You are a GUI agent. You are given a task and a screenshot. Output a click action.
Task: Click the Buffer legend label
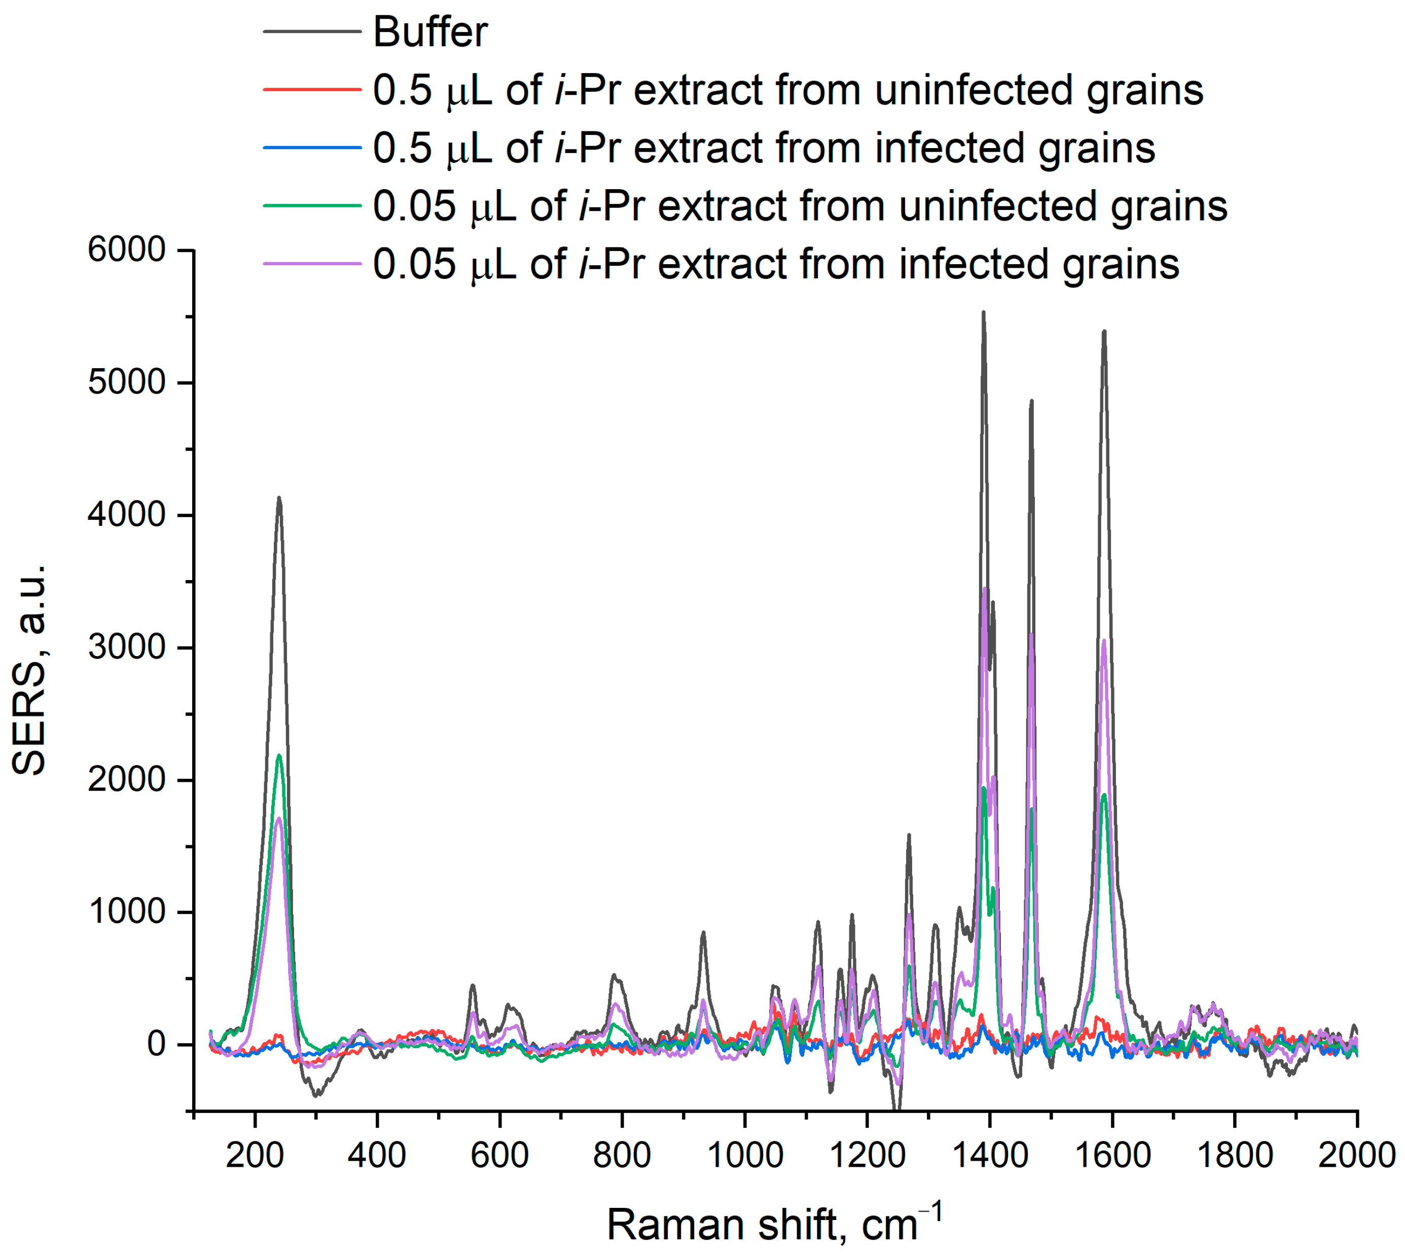430,32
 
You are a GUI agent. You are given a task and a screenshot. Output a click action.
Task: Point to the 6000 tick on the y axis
127,249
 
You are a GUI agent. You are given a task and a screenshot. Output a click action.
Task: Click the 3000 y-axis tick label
127,647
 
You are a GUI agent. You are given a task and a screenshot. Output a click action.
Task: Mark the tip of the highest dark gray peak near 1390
983,312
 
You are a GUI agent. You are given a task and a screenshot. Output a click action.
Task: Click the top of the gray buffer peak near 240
278,497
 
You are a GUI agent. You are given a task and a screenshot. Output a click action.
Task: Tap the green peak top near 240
278,756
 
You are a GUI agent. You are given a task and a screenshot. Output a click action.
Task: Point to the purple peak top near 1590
1104,641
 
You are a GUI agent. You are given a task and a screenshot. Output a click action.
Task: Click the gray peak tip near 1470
1031,400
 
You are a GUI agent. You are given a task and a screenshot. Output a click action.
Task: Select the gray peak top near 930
703,932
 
